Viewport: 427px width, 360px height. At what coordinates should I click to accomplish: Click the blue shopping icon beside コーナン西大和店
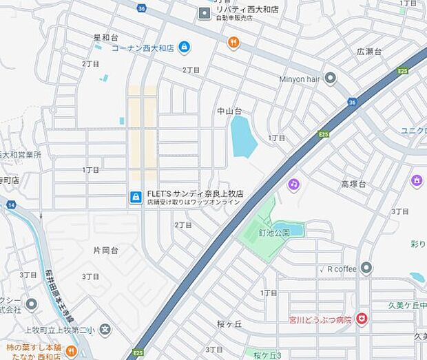184,47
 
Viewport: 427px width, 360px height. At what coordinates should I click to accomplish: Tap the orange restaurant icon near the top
233,43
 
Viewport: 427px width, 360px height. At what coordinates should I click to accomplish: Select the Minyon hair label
300,79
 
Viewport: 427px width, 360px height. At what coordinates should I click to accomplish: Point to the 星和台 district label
106,36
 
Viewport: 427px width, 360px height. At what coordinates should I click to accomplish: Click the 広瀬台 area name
369,52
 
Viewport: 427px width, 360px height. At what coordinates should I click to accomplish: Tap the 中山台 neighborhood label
229,110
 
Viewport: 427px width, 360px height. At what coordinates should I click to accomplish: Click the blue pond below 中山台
242,136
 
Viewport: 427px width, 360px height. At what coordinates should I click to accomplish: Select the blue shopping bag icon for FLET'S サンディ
136,198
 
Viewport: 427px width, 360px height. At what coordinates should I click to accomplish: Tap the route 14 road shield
11,205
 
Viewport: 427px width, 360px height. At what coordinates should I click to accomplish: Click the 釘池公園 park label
288,233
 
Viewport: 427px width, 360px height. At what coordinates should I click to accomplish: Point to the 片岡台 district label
105,250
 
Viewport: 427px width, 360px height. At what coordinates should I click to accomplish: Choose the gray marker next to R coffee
366,268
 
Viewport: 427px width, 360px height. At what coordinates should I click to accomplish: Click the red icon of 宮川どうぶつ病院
362,319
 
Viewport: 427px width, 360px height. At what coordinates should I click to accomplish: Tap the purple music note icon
294,184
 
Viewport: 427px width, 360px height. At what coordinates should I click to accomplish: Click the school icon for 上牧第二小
104,330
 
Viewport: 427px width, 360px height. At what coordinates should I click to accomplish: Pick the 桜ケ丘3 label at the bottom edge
267,355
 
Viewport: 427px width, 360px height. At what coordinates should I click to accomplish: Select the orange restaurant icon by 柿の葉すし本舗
71,351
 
